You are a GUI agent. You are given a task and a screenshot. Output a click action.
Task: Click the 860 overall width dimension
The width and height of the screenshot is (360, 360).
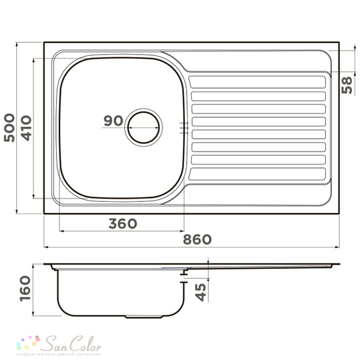(197, 239)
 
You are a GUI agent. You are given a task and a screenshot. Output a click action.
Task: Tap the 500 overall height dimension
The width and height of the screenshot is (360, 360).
(9, 128)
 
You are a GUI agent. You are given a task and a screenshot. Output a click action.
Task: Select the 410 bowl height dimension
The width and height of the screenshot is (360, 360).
(26, 128)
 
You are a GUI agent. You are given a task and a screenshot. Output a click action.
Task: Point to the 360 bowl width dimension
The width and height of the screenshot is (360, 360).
(123, 224)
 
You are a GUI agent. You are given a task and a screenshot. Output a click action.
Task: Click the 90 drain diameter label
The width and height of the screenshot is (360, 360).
(113, 121)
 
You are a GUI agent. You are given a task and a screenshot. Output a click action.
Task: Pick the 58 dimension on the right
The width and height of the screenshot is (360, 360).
(347, 85)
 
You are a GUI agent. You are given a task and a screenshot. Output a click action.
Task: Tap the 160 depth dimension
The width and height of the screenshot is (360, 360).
(25, 288)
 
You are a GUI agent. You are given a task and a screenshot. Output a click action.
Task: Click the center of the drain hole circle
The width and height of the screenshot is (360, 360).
(144, 127)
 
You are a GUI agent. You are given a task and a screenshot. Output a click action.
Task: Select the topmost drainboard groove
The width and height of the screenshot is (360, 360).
(257, 82)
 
